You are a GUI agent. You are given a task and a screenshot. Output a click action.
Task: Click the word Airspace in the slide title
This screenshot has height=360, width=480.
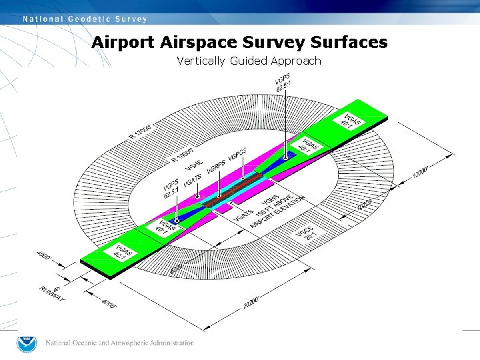(x=200, y=43)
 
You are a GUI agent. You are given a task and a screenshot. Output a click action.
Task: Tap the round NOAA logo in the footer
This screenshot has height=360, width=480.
(x=27, y=344)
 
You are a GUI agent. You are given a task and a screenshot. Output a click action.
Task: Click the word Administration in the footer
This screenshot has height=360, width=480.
(x=171, y=343)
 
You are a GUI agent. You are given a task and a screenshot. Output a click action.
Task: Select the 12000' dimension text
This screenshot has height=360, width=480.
(x=418, y=172)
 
